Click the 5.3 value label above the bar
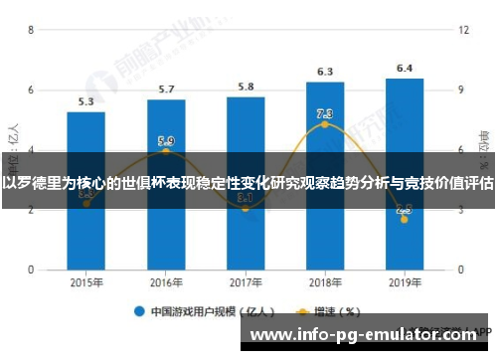pyautogui.click(x=86, y=101)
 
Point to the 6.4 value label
pyautogui.click(x=405, y=69)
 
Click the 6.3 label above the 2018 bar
pyautogui.click(x=325, y=72)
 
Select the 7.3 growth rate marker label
pyautogui.click(x=325, y=113)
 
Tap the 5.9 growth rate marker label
pyautogui.click(x=166, y=141)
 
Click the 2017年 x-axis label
pyautogui.click(x=246, y=283)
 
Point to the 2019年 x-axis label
pyautogui.click(x=405, y=283)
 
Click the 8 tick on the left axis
pyautogui.click(x=31, y=31)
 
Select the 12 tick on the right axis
pyautogui.click(x=463, y=31)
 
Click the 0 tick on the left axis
pyautogui.click(x=31, y=270)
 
